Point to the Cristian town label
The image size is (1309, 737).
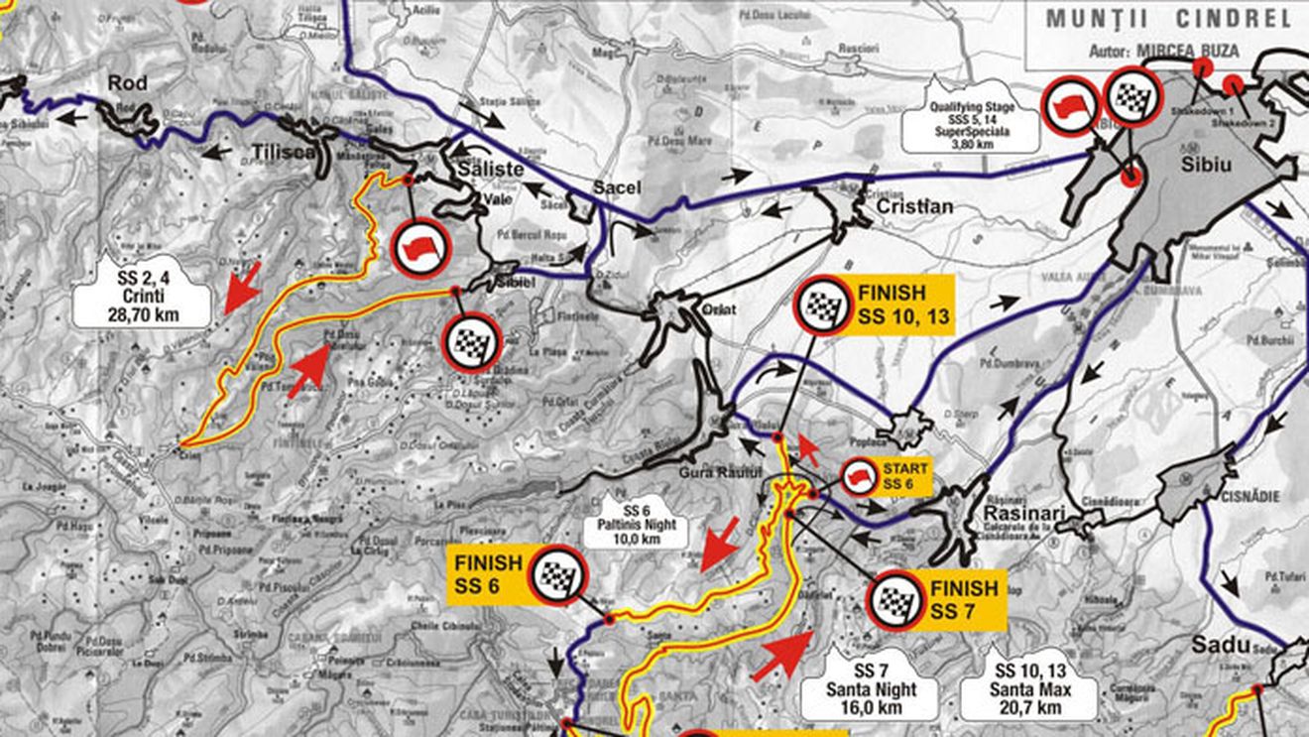pyautogui.click(x=914, y=206)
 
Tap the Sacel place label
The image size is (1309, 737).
pyautogui.click(x=618, y=187)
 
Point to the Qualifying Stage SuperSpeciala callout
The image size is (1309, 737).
pyautogui.click(x=971, y=124)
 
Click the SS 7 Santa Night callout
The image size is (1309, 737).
pyautogui.click(x=869, y=690)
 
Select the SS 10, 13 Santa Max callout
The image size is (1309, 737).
pyautogui.click(x=1027, y=690)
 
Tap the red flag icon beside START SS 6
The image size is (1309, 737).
pyautogui.click(x=857, y=477)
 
